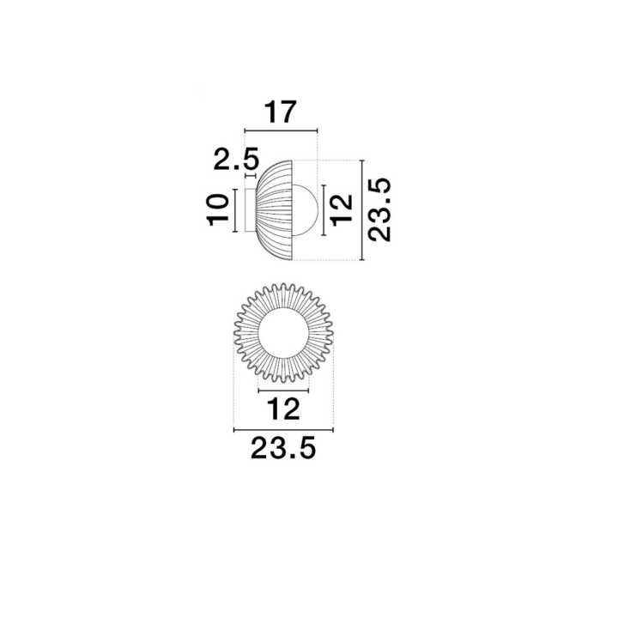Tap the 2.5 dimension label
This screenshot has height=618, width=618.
[236, 158]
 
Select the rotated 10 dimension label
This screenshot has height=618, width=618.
[217, 209]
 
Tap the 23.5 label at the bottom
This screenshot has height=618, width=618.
[283, 448]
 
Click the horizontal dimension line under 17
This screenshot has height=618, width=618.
[281, 130]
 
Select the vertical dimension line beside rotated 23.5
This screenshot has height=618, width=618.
[362, 210]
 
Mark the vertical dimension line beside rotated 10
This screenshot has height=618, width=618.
[235, 210]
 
